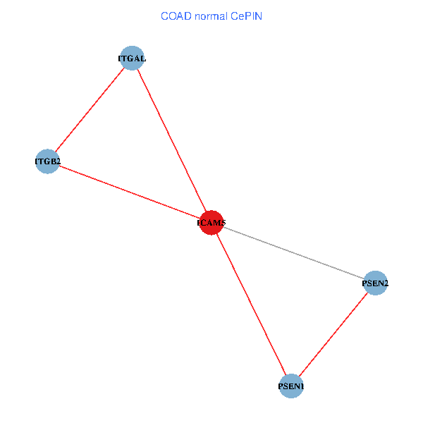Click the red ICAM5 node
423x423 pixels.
click(211, 223)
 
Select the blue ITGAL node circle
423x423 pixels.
click(132, 58)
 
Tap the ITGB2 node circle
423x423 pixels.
click(47, 161)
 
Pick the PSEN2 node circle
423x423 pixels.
click(375, 283)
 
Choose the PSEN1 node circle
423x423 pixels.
click(291, 386)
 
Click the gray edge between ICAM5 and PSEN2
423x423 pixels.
click(293, 253)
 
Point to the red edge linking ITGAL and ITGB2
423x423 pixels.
click(90, 110)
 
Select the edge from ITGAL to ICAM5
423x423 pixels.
click(172, 140)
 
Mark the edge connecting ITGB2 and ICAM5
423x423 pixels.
click(130, 192)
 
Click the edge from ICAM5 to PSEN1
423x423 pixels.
click(251, 305)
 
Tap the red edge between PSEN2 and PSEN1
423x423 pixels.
click(333, 334)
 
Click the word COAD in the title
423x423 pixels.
click(176, 16)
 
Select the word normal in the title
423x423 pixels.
click(211, 16)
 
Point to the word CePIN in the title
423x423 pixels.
click(247, 16)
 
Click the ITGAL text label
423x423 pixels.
click(132, 59)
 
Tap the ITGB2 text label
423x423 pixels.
click(48, 161)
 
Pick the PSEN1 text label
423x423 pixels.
click(291, 386)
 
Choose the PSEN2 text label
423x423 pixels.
click(375, 283)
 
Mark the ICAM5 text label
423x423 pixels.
click(211, 223)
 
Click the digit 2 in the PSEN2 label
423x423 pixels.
click(386, 283)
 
